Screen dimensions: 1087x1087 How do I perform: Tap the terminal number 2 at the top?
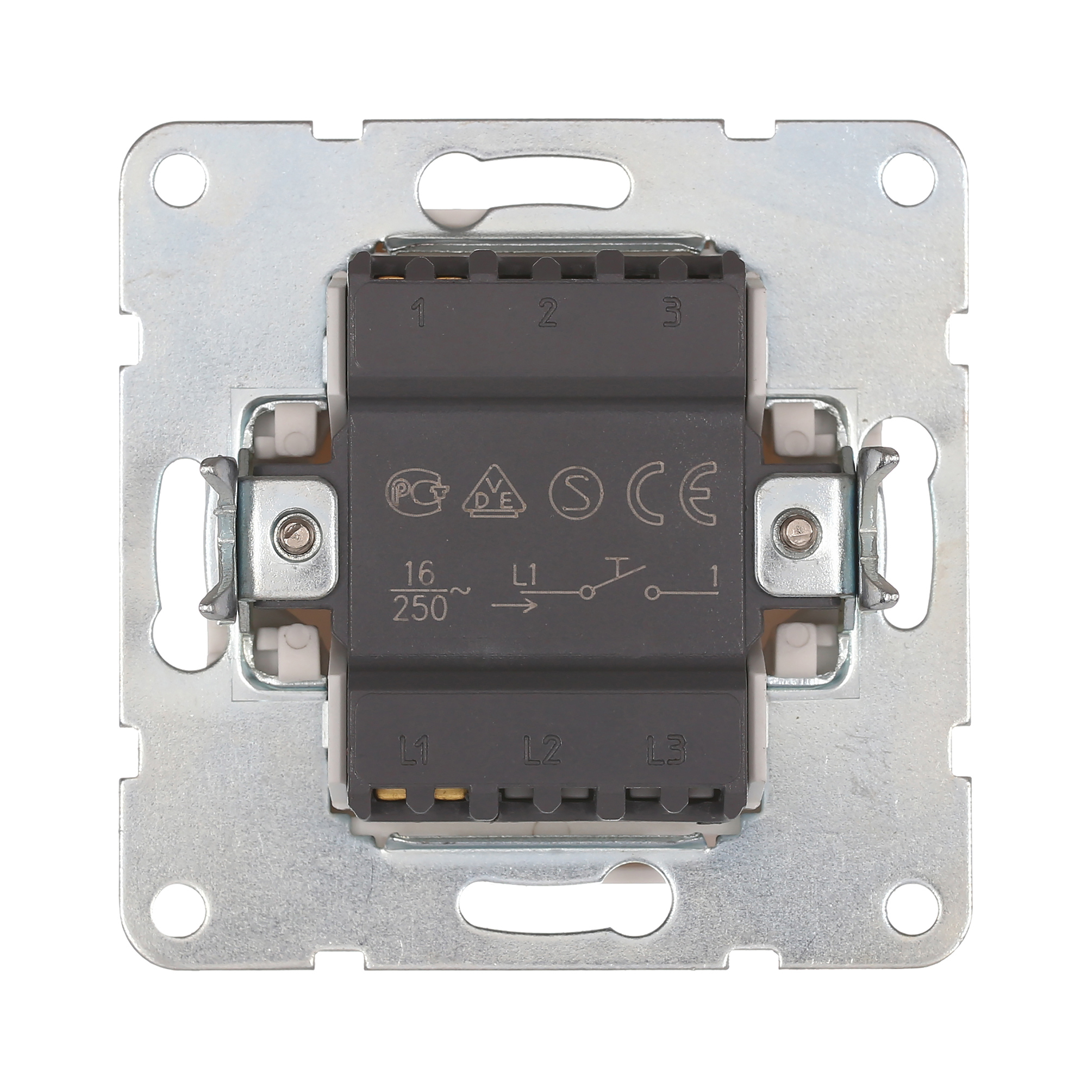pos(546,314)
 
